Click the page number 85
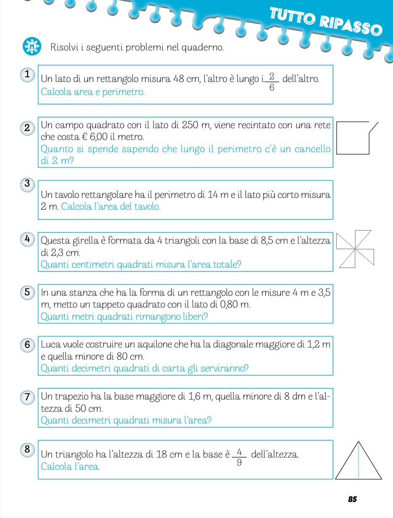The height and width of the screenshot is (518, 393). click(352, 499)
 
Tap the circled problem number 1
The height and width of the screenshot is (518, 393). click(27, 75)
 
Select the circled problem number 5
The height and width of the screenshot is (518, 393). click(27, 292)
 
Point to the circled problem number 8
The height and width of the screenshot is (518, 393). click(27, 449)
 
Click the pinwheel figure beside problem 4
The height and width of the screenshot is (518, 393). click(356, 249)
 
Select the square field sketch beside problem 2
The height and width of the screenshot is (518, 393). click(355, 138)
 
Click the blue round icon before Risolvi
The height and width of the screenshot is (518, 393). click(32, 46)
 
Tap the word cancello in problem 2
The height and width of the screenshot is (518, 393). click(310, 149)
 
